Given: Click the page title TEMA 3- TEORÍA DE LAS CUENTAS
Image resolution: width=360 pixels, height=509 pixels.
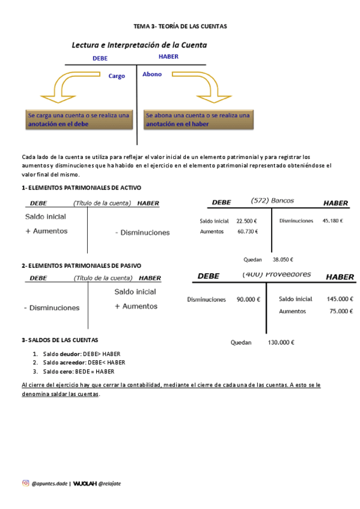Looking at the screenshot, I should (180, 27).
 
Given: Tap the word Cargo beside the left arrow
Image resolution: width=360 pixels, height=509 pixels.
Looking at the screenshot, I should (117, 76).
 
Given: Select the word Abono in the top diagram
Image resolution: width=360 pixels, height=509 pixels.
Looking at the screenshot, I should (152, 74).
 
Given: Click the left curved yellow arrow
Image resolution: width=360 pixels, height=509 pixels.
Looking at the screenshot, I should (66, 86).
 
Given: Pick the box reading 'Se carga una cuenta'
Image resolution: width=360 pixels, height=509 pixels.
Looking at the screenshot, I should (78, 119).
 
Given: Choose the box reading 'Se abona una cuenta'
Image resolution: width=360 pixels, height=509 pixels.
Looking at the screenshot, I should (198, 119).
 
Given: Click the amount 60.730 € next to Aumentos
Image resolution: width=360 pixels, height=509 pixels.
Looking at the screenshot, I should (248, 232).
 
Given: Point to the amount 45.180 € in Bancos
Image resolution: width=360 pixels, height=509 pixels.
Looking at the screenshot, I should (332, 221).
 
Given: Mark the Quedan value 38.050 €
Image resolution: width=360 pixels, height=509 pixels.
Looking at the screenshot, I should (282, 260).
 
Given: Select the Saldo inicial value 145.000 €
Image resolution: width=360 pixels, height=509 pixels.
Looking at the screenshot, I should (340, 299).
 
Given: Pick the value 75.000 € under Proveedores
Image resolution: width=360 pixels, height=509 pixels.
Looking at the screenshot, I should (341, 312).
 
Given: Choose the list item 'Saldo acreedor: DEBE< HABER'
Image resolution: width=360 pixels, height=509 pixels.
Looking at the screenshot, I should (84, 363).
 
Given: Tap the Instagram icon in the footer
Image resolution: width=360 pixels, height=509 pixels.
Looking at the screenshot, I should (25, 483).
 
